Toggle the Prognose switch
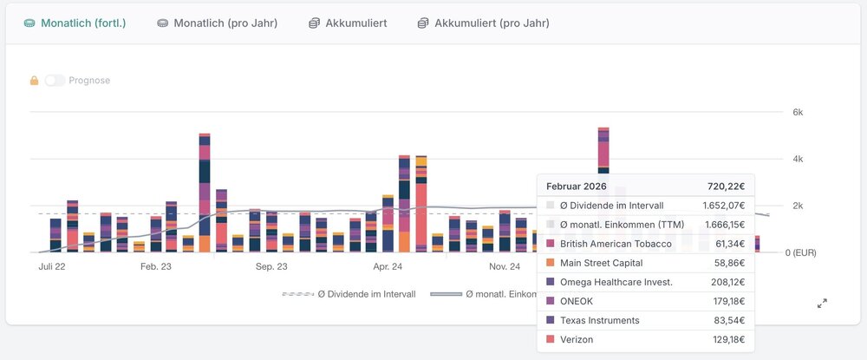pyautogui.click(x=55, y=81)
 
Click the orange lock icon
pyautogui.click(x=35, y=81)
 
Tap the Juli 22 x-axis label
pyautogui.click(x=52, y=267)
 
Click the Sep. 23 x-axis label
pyautogui.click(x=271, y=267)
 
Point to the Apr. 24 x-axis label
pyautogui.click(x=387, y=267)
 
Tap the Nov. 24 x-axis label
pyautogui.click(x=503, y=267)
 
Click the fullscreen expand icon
pyautogui.click(x=822, y=303)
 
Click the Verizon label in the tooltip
pyautogui.click(x=577, y=339)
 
